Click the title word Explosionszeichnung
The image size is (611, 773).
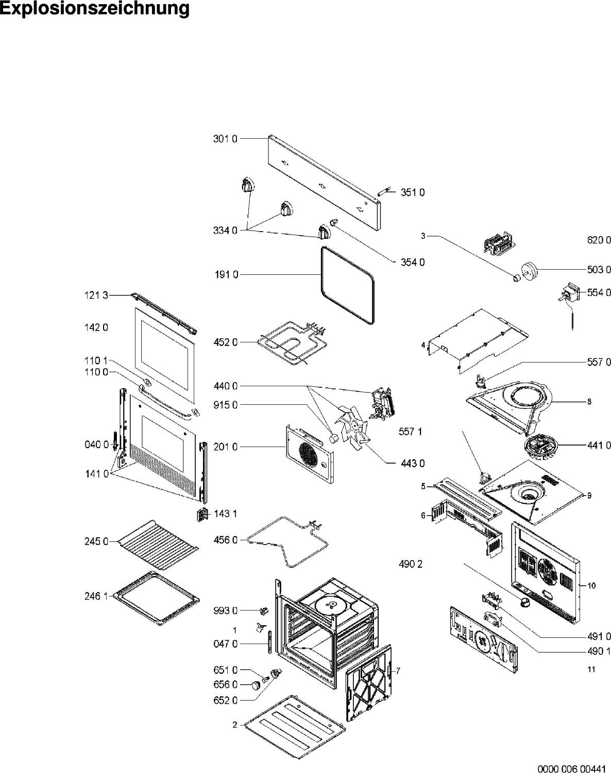tap(94, 9)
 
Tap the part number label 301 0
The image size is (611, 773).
tap(225, 139)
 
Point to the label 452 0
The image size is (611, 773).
tap(225, 342)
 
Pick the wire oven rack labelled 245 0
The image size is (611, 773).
tap(158, 545)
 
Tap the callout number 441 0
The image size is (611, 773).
tap(599, 446)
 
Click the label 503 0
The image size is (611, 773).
tap(599, 269)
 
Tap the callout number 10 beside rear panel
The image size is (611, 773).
tap(591, 586)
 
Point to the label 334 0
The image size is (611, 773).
tap(225, 231)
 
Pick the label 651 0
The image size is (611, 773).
tap(225, 670)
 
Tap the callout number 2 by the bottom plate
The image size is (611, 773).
tap(235, 725)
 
